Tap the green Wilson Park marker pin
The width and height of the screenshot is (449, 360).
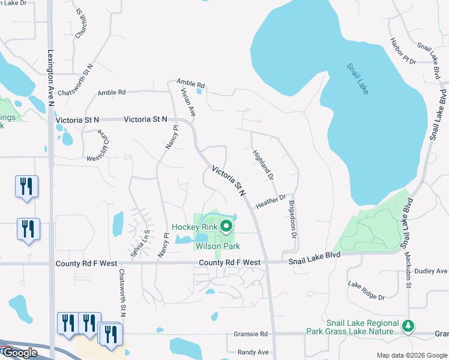(226, 226)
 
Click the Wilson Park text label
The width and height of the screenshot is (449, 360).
(217, 246)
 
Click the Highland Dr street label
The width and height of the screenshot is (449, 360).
(263, 165)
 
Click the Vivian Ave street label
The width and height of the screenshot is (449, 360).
(188, 102)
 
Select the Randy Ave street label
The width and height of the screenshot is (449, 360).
(253, 352)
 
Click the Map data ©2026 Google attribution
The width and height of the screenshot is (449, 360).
(411, 355)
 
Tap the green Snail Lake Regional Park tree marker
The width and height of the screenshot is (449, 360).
(409, 326)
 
